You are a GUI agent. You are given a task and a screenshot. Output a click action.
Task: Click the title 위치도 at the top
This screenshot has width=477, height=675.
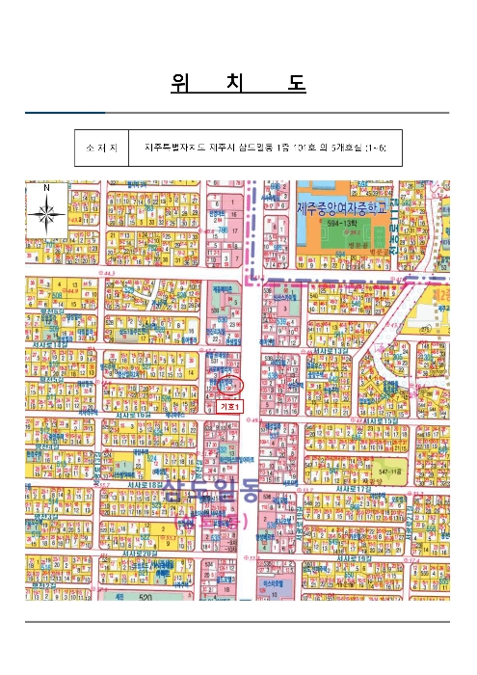(237, 84)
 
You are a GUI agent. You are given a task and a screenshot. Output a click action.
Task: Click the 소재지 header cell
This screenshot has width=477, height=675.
(101, 148)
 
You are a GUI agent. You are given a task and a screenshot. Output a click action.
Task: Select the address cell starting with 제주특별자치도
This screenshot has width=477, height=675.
(264, 148)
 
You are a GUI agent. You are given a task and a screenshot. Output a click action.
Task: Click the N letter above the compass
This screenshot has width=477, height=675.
(46, 185)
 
